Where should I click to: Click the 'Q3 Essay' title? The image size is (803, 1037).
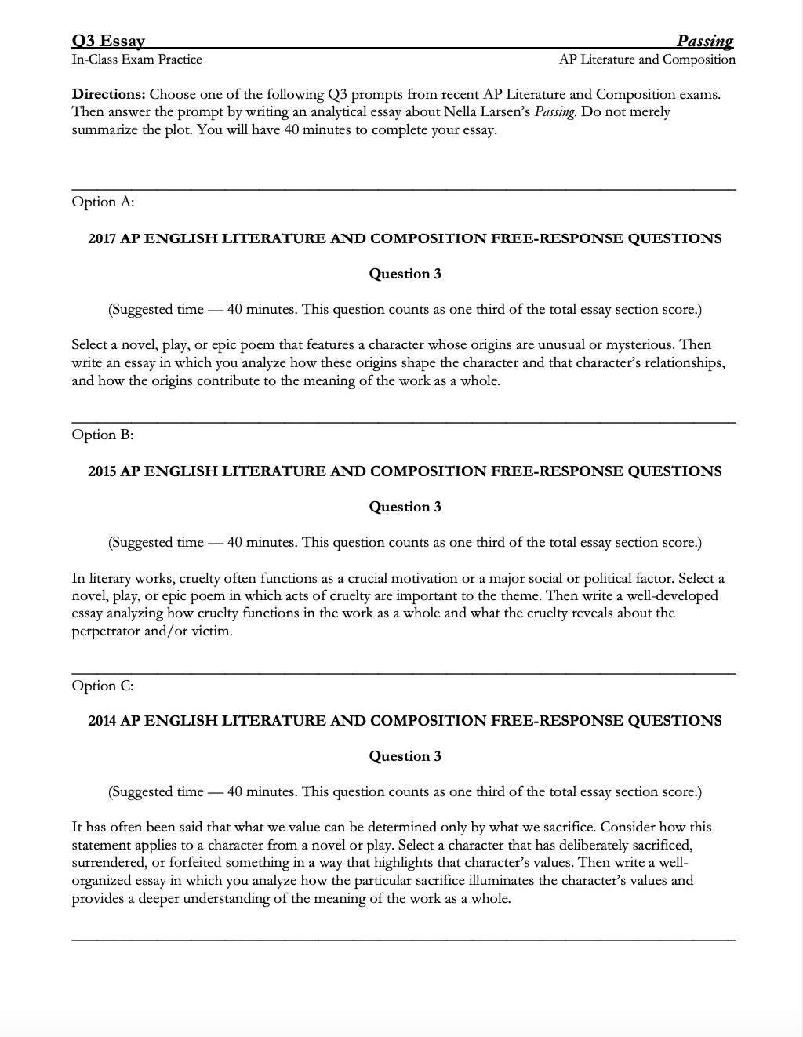coord(107,41)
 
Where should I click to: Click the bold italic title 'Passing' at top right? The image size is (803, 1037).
coord(705,41)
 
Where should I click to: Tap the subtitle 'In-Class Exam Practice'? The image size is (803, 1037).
coord(136,60)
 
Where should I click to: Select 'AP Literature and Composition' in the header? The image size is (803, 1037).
coord(647,60)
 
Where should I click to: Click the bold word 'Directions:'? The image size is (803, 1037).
coord(108,95)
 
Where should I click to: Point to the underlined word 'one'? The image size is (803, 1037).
coord(211,95)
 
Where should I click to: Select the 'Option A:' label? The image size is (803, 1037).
coord(103,202)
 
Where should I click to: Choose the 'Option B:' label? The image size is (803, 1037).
coord(103,435)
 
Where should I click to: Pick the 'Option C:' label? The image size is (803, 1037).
coord(103,686)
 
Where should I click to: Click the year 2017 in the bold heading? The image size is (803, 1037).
coord(102,238)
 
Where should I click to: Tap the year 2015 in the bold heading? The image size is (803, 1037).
coord(102,471)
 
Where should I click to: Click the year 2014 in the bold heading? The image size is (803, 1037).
coord(102,721)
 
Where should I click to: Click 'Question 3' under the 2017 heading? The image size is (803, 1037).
coord(405,274)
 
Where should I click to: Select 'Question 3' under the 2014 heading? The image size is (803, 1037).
coord(405,756)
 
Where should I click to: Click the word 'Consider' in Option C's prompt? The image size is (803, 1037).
coord(627,828)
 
